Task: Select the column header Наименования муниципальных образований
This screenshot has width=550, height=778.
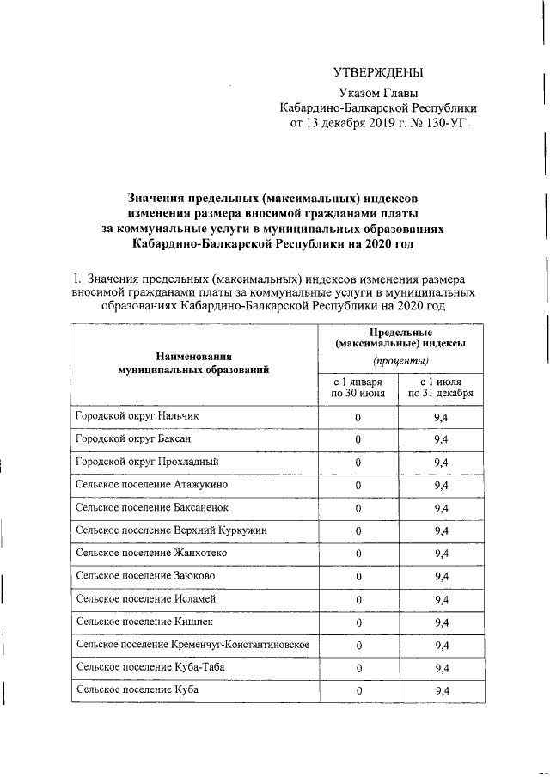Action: (x=193, y=362)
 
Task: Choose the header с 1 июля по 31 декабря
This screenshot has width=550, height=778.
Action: (x=441, y=388)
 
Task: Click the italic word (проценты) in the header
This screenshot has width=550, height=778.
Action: (x=400, y=360)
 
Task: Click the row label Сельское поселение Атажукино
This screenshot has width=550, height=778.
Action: (x=151, y=485)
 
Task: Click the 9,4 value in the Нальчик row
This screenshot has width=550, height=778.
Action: (x=442, y=417)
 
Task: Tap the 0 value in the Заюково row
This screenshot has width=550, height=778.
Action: (x=357, y=576)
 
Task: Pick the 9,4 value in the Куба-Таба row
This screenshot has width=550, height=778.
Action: (x=442, y=667)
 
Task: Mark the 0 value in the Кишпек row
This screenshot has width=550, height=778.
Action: (x=357, y=622)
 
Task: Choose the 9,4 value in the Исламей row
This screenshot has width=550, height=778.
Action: (x=442, y=599)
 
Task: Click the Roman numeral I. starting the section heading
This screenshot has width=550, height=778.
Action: (x=77, y=279)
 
